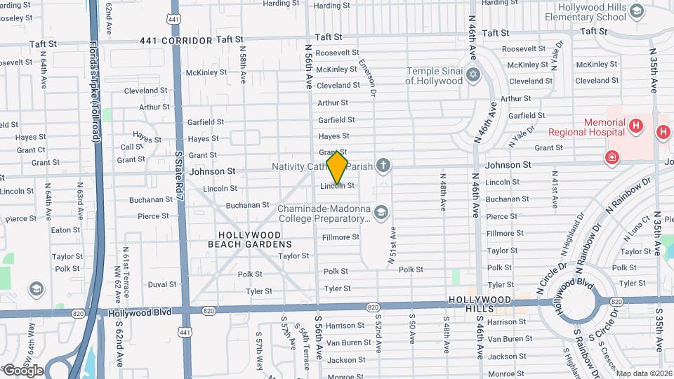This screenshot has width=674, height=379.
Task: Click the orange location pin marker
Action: coord(337,167)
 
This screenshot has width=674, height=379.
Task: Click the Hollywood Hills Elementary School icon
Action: coord(636,11)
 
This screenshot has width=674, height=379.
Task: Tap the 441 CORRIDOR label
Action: coord(176,41)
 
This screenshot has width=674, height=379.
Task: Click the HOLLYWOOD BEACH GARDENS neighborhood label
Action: coord(250,239)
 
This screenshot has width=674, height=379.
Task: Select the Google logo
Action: coord(22,370)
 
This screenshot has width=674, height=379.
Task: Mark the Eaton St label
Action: coord(65,230)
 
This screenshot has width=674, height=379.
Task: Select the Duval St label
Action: coord(162,284)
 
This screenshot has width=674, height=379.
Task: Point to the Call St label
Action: coord(132,147)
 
